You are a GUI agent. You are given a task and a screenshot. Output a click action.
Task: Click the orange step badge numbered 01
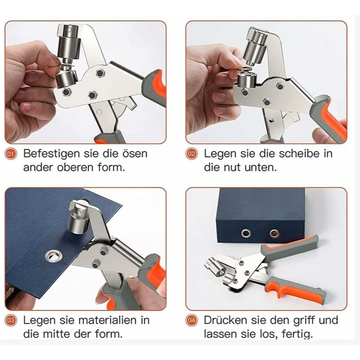tap(11, 154)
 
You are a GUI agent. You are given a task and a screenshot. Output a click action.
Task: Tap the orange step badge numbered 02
tap(191, 154)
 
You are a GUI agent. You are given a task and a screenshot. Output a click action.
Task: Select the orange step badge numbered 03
tap(11, 320)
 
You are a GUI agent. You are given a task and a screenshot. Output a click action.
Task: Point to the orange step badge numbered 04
tap(191, 320)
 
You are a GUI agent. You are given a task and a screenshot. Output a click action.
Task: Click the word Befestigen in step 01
tap(52, 154)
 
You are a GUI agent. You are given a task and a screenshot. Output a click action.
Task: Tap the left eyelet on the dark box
tap(246, 233)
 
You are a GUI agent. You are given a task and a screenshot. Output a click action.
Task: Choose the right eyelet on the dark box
tap(274, 233)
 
